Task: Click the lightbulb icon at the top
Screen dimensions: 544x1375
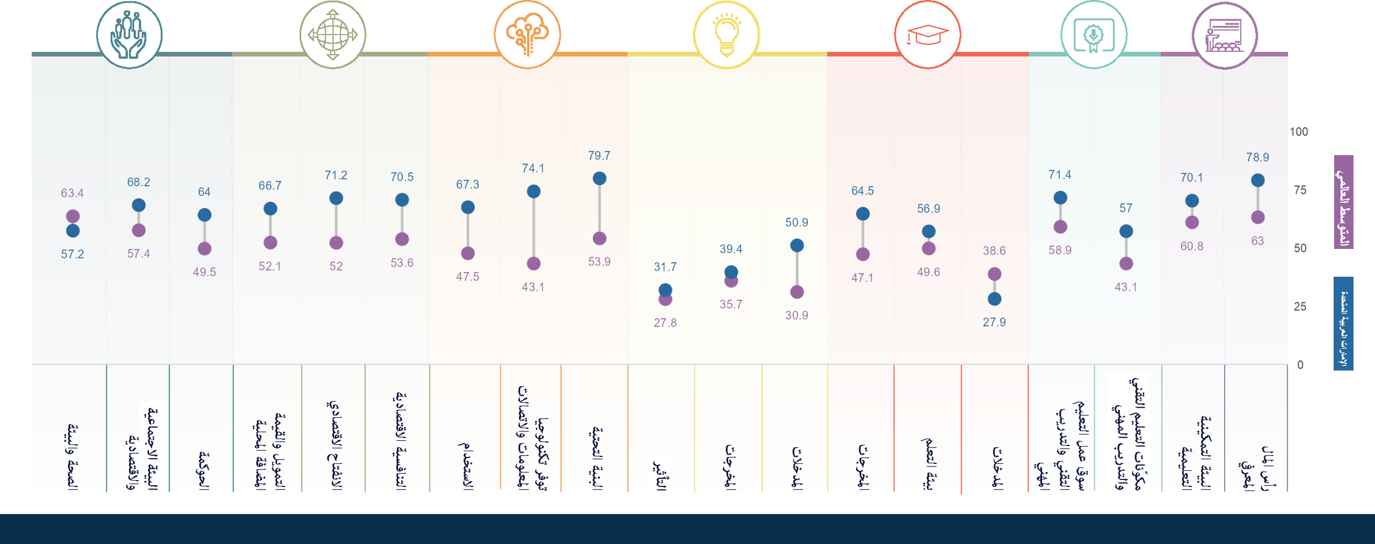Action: coord(726,34)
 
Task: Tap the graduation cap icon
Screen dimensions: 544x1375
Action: coord(928,34)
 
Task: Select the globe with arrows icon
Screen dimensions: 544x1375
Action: coord(333,34)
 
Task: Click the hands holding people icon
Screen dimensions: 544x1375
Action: coord(129,34)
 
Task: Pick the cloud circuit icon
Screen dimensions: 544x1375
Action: coord(527,34)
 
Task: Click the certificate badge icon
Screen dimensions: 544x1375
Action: coord(1094,34)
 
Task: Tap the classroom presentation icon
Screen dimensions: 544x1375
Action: coord(1225,34)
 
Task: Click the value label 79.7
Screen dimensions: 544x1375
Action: coord(599,156)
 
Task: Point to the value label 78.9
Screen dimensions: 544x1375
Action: coord(1258,158)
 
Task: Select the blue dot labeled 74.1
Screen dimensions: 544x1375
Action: coord(533,192)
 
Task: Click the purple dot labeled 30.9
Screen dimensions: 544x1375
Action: coord(797,292)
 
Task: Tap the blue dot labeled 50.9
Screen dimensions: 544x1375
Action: coord(797,246)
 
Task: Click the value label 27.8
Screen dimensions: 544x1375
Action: coord(665,323)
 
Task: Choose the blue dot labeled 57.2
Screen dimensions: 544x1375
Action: coord(73,231)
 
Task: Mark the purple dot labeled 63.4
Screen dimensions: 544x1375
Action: coord(73,216)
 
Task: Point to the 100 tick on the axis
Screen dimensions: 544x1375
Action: coord(1299,132)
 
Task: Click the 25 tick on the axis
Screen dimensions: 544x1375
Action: coord(1300,307)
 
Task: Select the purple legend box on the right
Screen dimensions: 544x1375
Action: coord(1343,202)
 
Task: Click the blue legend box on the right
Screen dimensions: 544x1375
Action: coord(1343,323)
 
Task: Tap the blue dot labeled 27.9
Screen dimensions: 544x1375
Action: coord(994,299)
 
